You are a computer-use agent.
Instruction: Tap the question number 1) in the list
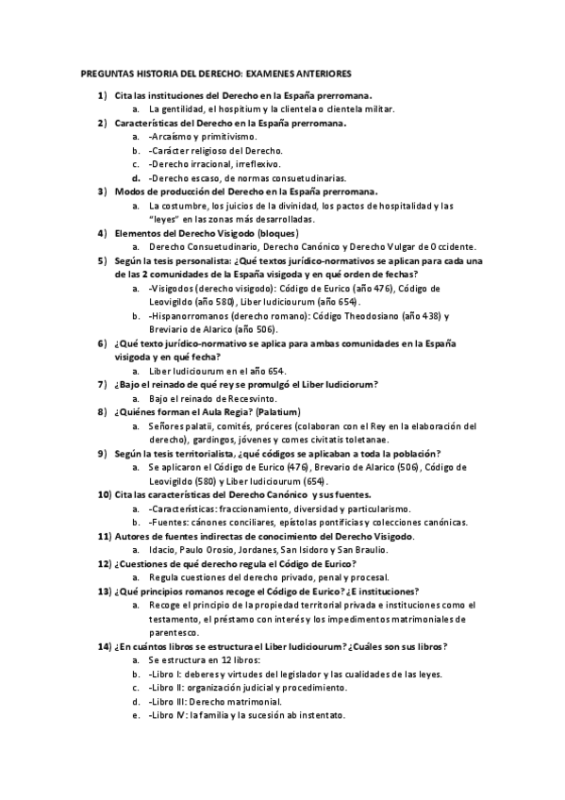(x=102, y=96)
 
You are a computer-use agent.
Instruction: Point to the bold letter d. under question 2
(x=137, y=177)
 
